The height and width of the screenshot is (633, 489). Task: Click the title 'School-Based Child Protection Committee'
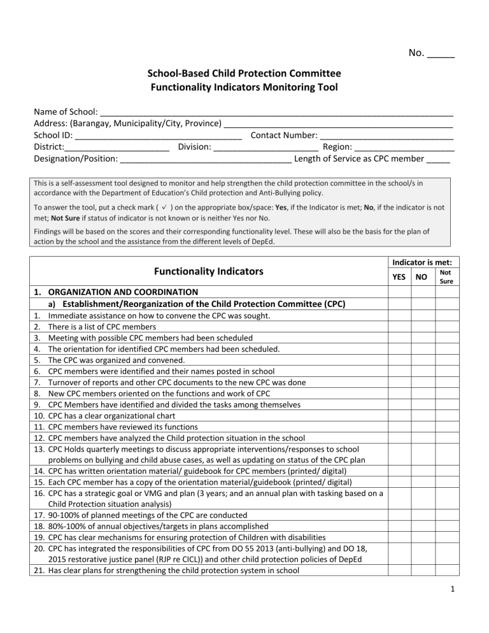244,74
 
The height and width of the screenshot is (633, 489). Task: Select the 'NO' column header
422,278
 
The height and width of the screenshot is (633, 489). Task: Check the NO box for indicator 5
422,360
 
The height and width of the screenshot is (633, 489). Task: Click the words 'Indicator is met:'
422,261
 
